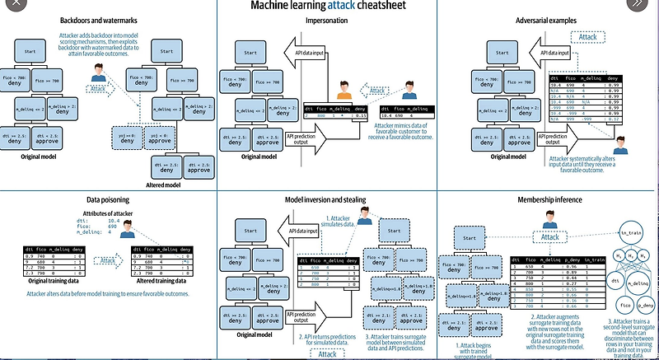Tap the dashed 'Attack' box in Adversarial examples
tap(588, 37)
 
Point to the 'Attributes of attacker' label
tap(107, 214)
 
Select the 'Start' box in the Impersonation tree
tap(250, 54)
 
